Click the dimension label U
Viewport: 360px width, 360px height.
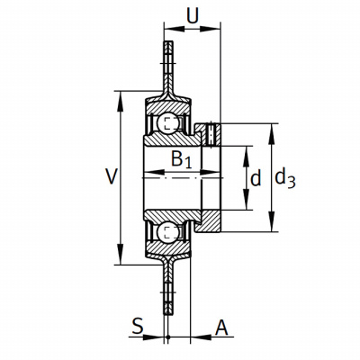coord(193,15)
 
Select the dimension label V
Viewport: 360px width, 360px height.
coord(111,176)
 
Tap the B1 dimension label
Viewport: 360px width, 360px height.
coord(182,159)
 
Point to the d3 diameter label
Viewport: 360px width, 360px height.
coord(285,177)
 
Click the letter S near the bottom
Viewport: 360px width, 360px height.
coord(138,326)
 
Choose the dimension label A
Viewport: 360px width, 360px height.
coord(221,328)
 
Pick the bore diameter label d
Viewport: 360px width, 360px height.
coord(256,178)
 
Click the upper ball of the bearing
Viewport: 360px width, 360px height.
coord(168,123)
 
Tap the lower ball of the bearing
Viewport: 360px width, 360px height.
coord(168,231)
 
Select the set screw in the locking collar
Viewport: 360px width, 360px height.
coord(211,134)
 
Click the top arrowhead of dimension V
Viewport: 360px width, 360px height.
coord(121,101)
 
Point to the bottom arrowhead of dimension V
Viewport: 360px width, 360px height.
coord(121,254)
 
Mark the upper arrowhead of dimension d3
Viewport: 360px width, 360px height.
coord(272,134)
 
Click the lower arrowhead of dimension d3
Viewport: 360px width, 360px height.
coord(272,221)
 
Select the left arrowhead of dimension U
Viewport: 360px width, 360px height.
coord(175,29)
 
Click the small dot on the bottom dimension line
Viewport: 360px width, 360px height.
coord(168,337)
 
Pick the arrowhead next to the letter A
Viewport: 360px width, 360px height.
coord(201,337)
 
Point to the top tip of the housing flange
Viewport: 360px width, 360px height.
coord(168,41)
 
